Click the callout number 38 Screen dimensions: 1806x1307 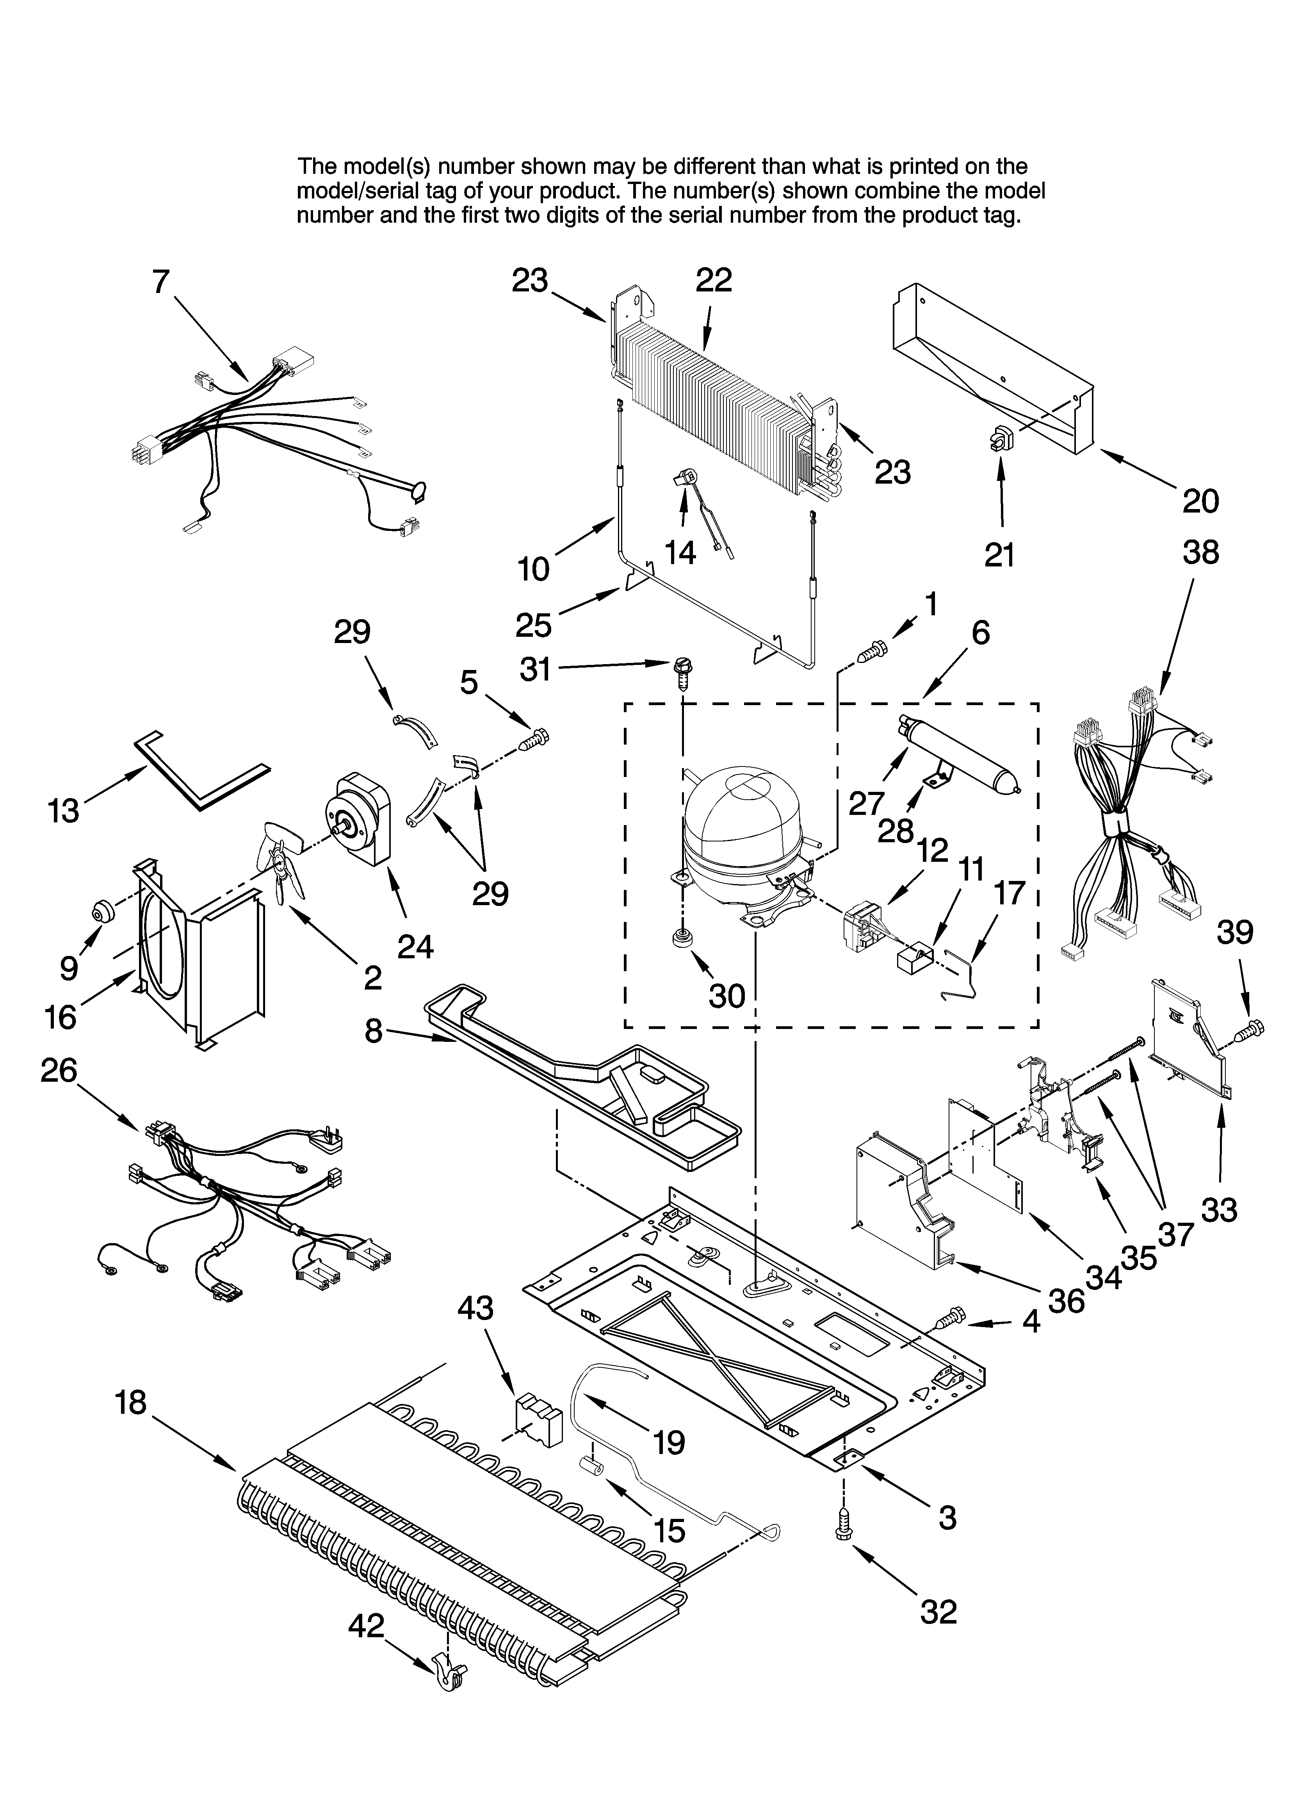coord(1200,553)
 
